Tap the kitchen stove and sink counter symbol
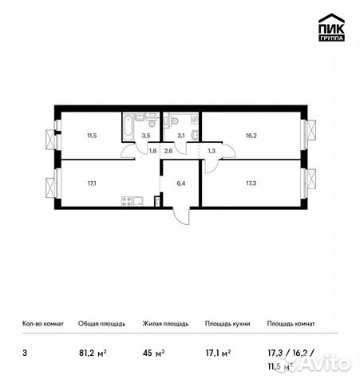[x=133, y=200]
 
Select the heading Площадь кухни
[x=227, y=324]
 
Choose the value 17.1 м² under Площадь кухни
[x=217, y=348]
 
